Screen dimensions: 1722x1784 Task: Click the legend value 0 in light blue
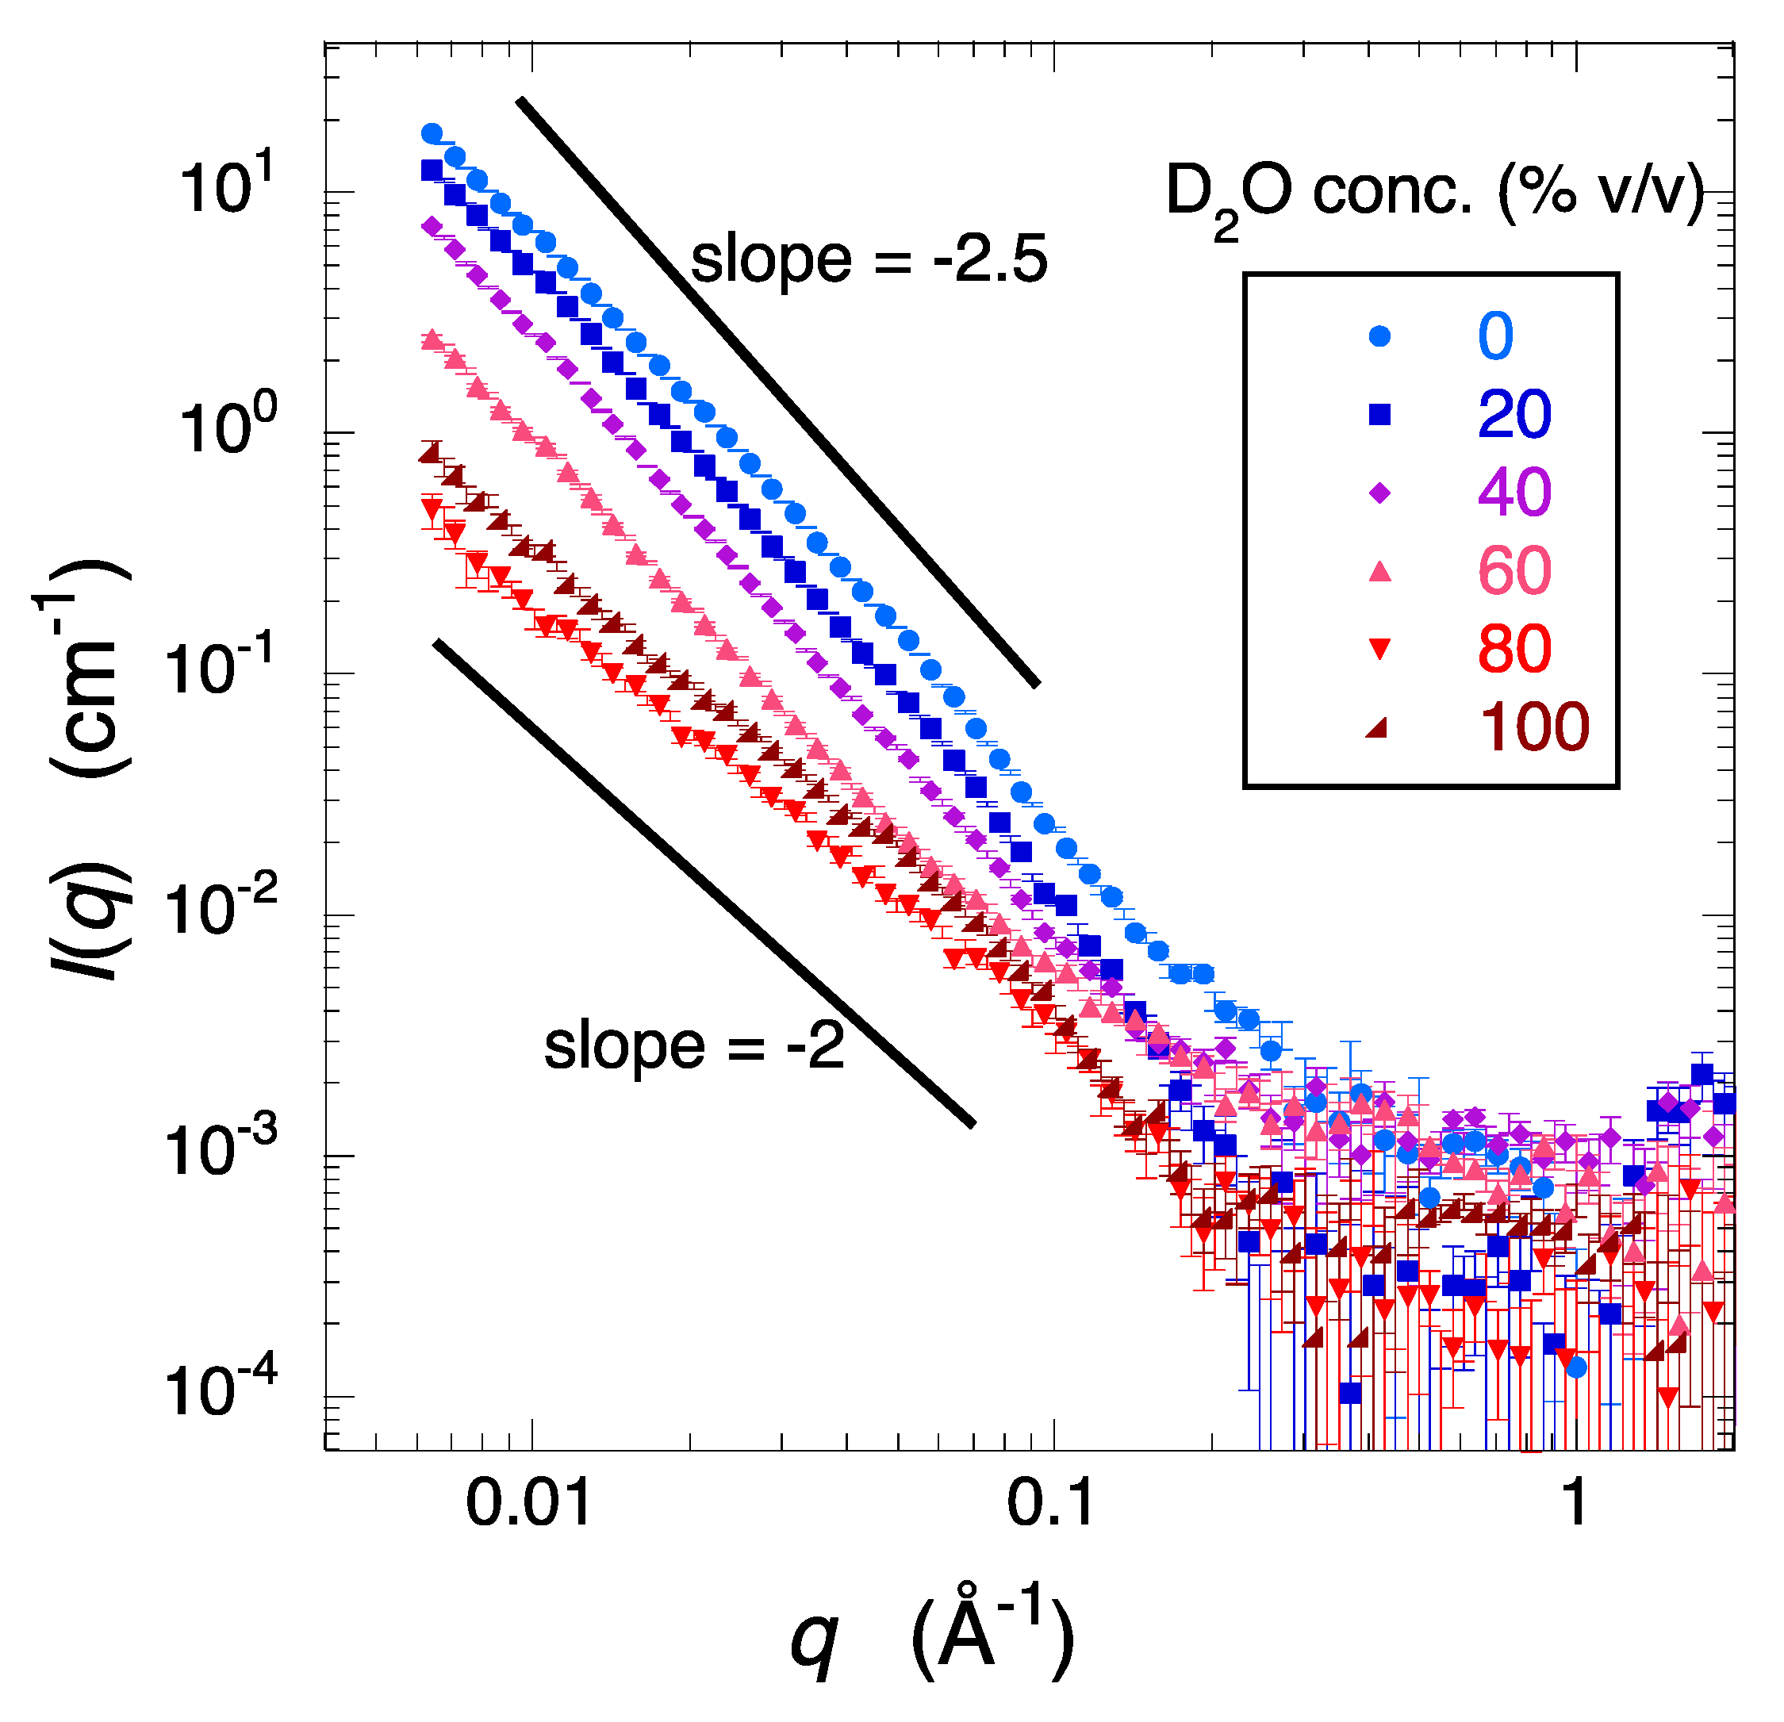tap(1494, 336)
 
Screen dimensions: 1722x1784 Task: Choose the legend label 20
tap(1514, 414)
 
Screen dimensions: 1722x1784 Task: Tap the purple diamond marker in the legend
tap(1380, 493)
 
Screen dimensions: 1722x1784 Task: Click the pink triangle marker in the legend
tap(1380, 570)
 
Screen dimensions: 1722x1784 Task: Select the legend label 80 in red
tap(1514, 649)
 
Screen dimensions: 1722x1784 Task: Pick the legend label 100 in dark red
tap(1533, 727)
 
